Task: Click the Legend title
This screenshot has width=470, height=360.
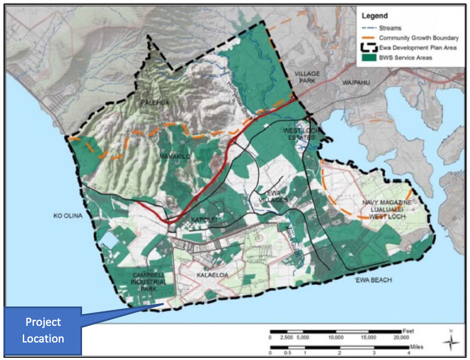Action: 374,16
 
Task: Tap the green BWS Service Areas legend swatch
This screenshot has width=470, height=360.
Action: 368,58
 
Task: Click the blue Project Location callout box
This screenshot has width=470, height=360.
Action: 43,330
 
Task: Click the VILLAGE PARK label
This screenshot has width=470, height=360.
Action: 307,77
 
